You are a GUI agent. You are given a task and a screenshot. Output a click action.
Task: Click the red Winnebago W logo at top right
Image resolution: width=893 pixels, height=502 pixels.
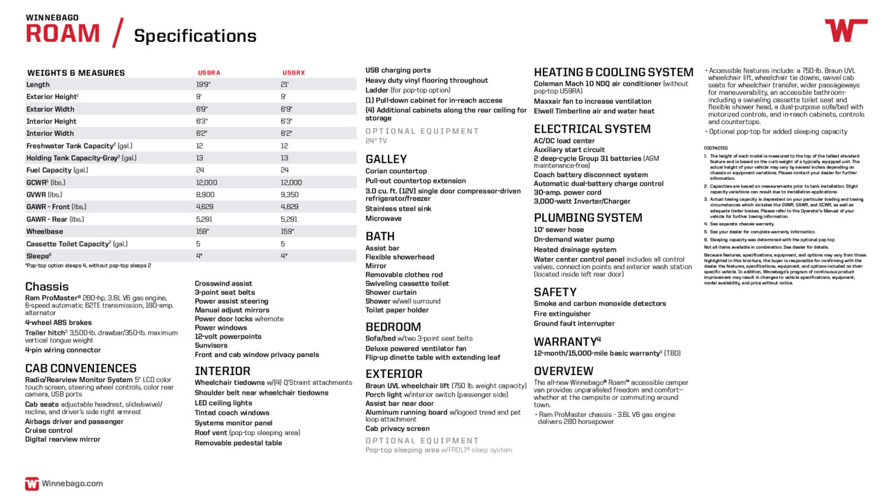[x=846, y=31]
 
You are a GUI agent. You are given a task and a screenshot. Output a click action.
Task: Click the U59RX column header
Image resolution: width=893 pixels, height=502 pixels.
[x=294, y=73]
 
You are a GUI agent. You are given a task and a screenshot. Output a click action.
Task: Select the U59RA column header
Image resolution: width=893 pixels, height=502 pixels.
[x=209, y=73]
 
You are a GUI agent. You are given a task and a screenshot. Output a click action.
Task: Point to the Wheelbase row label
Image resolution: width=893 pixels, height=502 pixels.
[x=45, y=231]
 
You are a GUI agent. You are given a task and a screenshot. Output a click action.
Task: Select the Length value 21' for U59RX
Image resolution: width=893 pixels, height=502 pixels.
[x=285, y=84]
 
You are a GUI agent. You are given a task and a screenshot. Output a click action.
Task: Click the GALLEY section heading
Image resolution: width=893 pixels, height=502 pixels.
[x=386, y=159]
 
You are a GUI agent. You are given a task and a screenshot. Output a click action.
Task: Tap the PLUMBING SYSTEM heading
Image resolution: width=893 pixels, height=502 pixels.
[x=587, y=218]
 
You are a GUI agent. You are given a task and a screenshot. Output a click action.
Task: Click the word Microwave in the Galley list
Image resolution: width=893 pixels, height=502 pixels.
[x=383, y=218]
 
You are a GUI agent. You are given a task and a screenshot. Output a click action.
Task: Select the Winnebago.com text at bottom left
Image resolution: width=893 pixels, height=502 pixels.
[x=72, y=483]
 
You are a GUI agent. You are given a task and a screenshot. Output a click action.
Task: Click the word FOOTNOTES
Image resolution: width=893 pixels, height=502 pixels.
[x=716, y=148]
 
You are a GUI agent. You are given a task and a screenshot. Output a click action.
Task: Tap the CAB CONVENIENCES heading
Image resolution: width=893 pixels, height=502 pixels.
[x=81, y=368]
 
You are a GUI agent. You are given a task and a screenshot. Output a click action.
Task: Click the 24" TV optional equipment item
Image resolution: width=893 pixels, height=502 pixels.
[x=376, y=141]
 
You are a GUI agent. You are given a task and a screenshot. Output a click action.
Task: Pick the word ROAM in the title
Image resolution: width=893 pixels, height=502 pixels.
[x=63, y=33]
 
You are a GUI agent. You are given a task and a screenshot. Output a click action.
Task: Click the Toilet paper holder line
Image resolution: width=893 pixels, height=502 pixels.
[x=397, y=310]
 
